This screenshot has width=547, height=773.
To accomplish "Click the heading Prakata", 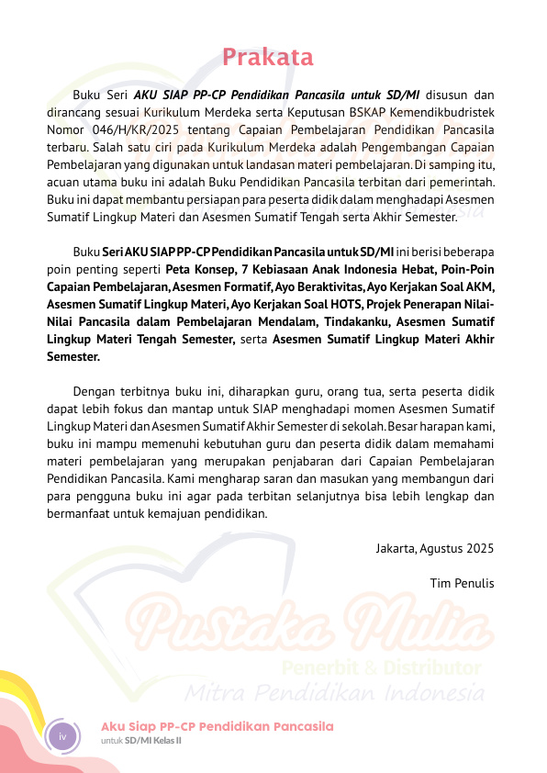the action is click(268, 58).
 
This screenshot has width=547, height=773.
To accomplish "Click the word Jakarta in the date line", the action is click(396, 548).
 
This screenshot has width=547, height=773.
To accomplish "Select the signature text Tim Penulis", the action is click(462, 583).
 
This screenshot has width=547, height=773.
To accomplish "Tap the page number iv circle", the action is click(63, 736).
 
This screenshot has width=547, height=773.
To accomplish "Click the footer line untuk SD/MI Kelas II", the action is click(140, 740).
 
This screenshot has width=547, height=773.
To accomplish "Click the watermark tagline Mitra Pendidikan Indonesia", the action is click(334, 690).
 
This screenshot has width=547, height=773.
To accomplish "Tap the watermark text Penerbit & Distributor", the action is click(382, 666).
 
